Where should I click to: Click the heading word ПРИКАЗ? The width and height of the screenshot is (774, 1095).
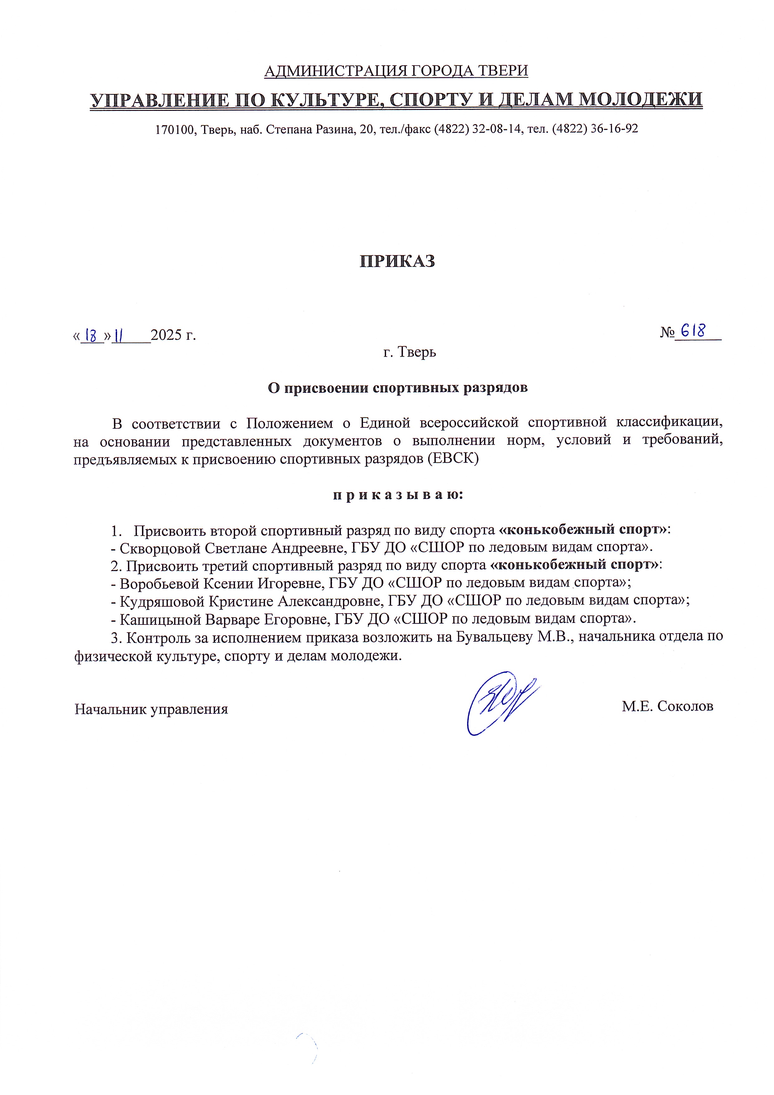[x=397, y=261]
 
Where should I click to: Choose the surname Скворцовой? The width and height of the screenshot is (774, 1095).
[x=160, y=548]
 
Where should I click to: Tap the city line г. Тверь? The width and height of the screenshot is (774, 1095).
[x=409, y=353]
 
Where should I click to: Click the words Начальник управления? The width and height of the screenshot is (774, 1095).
[x=151, y=709]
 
